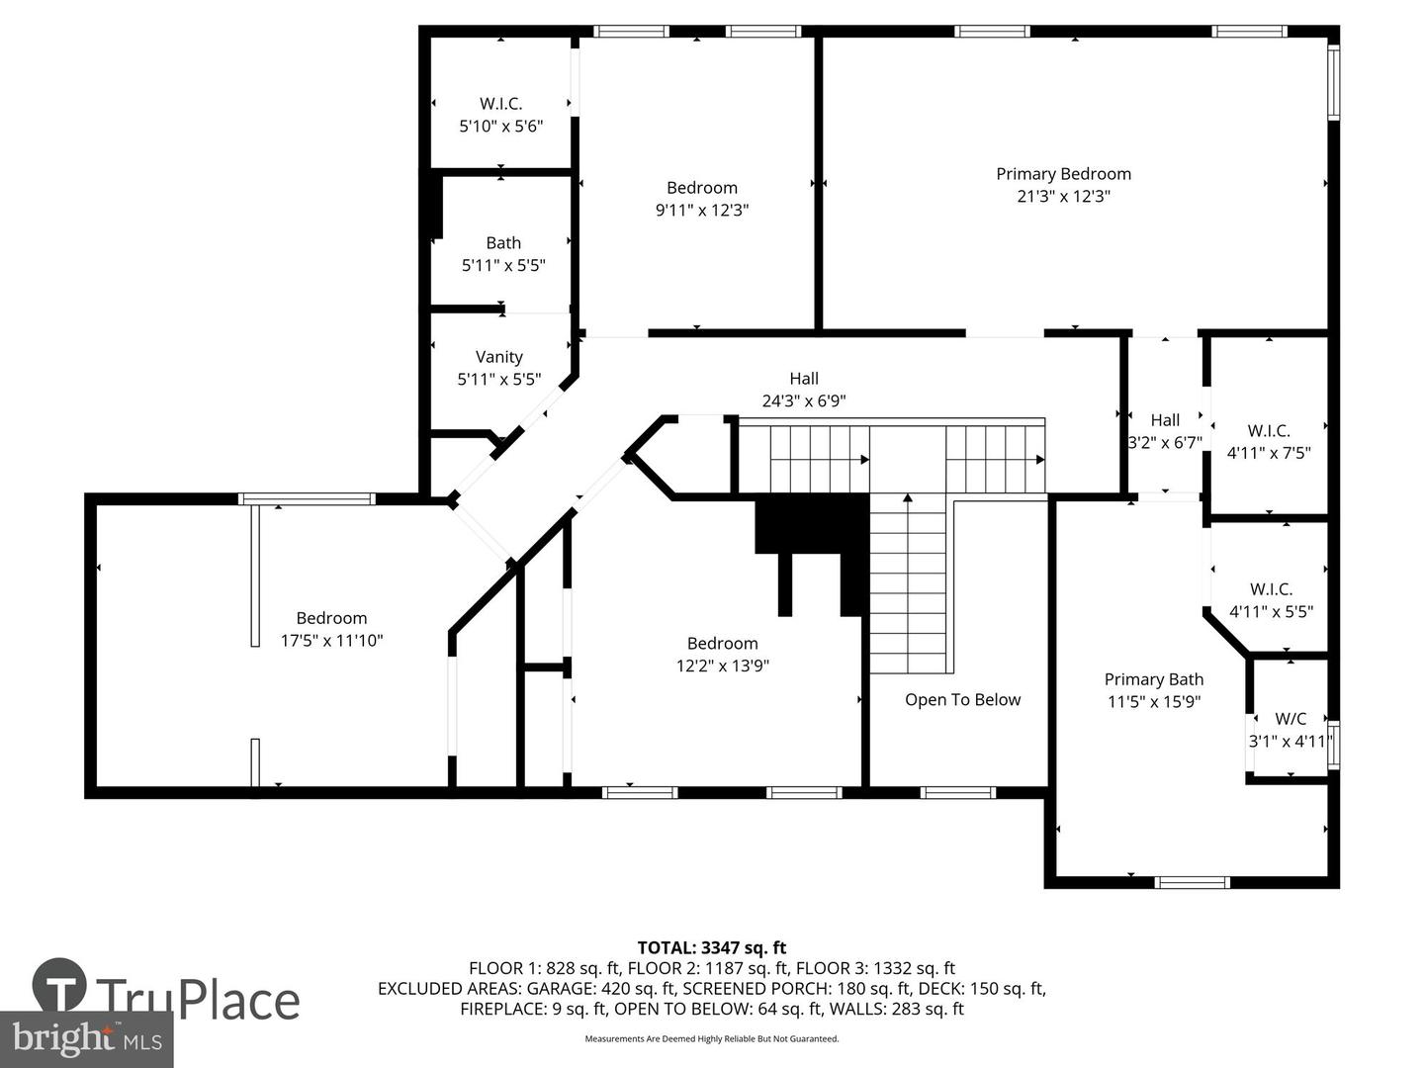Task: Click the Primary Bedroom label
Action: [x=1063, y=174]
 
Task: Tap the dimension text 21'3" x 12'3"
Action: [x=1063, y=196]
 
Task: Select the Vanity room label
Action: [x=498, y=357]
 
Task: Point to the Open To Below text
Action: [x=963, y=700]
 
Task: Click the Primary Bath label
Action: [x=1153, y=679]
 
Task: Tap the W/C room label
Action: [x=1290, y=719]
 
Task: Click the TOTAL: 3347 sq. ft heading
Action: [x=712, y=948]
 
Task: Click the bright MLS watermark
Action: [x=86, y=1038]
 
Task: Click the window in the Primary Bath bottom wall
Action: [x=1193, y=882]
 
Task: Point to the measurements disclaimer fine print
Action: [x=712, y=1038]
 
